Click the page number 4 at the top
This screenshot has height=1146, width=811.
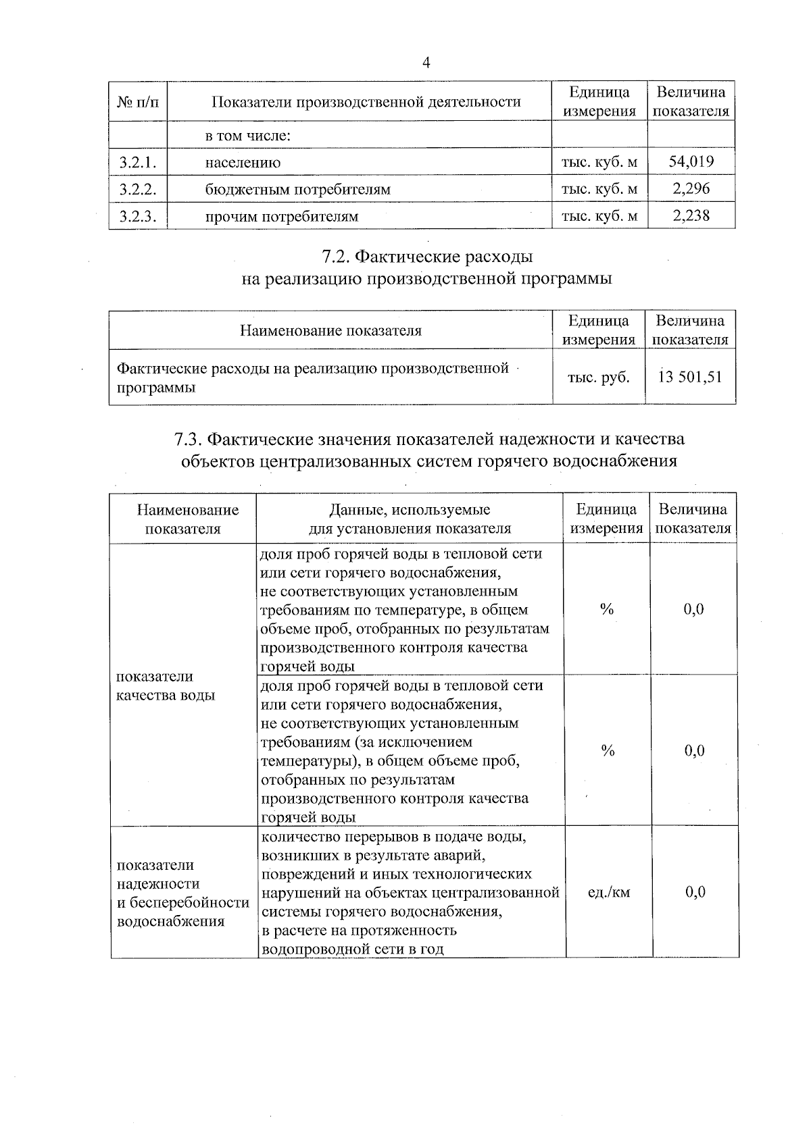pyautogui.click(x=426, y=63)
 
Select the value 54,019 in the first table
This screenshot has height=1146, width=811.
pyautogui.click(x=691, y=161)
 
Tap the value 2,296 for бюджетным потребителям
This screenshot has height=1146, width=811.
pyautogui.click(x=691, y=188)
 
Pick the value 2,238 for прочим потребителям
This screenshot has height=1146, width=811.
pyautogui.click(x=691, y=215)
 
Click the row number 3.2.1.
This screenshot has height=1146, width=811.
pyautogui.click(x=138, y=162)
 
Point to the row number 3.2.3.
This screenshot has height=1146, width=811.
pyautogui.click(x=138, y=216)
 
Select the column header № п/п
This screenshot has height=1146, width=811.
pyautogui.click(x=138, y=102)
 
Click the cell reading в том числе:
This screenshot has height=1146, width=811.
pyautogui.click(x=247, y=136)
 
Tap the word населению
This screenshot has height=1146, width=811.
pyautogui.click(x=243, y=163)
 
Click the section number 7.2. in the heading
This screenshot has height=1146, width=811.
pyautogui.click(x=335, y=257)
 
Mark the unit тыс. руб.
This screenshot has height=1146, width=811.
pyautogui.click(x=598, y=377)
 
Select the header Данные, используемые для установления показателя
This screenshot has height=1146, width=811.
pyautogui.click(x=410, y=519)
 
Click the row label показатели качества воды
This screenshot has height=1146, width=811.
pyautogui.click(x=166, y=685)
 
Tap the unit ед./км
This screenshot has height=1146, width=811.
pyautogui.click(x=608, y=892)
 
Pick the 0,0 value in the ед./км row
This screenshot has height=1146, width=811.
pyautogui.click(x=695, y=892)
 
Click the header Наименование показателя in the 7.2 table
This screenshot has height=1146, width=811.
pyautogui.click(x=330, y=331)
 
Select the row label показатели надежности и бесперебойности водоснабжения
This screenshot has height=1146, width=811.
pyautogui.click(x=183, y=893)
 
